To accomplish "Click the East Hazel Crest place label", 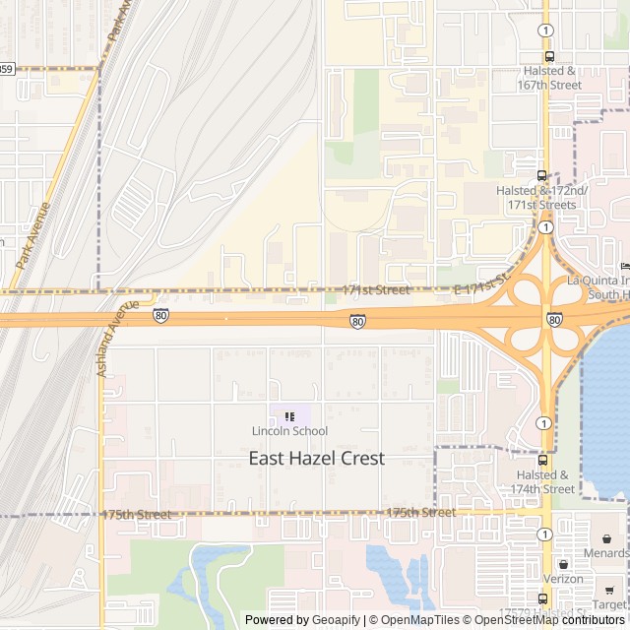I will tap(316, 458).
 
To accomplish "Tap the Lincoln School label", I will tap(289, 431).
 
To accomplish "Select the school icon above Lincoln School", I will tap(289, 416).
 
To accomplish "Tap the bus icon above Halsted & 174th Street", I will tap(542, 460).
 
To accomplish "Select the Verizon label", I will tap(564, 580).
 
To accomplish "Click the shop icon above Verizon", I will tap(563, 565).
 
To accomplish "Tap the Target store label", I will tap(610, 603).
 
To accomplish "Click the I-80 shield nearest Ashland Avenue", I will tap(160, 315).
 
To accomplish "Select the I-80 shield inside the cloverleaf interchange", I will tap(554, 320).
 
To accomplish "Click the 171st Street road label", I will tap(376, 290).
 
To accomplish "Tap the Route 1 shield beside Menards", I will tap(544, 534).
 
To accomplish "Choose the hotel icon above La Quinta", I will tap(623, 266).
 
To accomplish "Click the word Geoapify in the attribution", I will tap(337, 620).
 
